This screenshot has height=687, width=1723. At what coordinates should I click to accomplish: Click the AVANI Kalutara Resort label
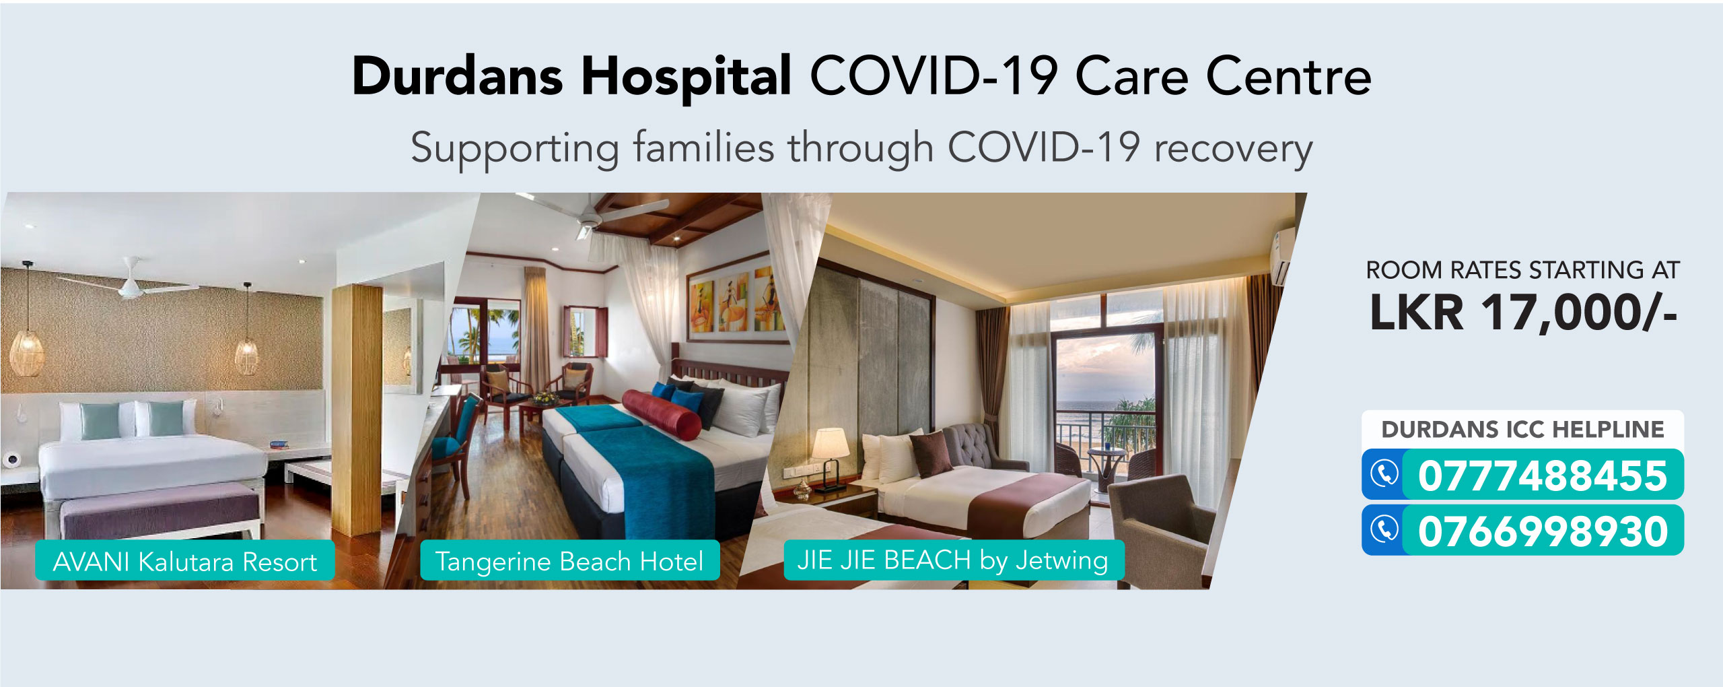click(x=185, y=561)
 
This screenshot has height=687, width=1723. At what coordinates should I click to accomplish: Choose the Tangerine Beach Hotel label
click(x=570, y=560)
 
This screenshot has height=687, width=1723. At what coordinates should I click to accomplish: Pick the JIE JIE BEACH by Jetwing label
click(x=954, y=560)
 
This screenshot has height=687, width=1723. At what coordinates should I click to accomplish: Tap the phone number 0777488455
click(x=1543, y=476)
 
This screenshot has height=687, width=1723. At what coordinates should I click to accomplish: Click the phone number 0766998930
click(x=1543, y=531)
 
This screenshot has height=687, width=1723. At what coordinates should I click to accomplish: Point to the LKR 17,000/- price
click(x=1523, y=312)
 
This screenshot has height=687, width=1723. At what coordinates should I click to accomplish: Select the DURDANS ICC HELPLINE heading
click(x=1522, y=430)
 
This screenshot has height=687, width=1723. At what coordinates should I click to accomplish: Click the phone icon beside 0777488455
click(x=1384, y=474)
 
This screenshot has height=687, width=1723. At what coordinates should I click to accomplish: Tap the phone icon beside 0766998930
click(x=1384, y=529)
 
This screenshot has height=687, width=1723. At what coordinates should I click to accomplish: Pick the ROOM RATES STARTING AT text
click(x=1522, y=270)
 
